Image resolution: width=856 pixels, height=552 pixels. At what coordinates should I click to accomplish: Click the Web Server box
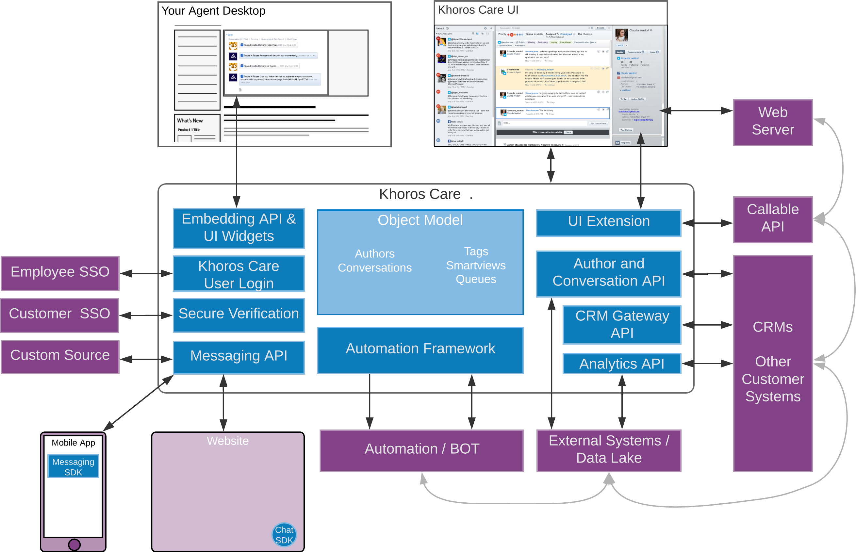(x=772, y=122)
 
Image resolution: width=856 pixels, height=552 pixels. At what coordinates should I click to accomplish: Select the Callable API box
(x=772, y=219)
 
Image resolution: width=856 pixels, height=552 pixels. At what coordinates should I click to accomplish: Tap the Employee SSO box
(x=60, y=273)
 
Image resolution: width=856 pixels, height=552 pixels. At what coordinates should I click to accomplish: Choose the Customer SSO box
(x=59, y=315)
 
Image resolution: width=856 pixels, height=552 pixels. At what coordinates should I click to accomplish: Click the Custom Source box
(x=60, y=356)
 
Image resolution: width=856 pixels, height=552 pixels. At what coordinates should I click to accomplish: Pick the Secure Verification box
(x=239, y=315)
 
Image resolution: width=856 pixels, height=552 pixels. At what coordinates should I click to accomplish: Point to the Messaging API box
(x=239, y=357)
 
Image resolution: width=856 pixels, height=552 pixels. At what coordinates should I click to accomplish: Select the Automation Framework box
(x=420, y=350)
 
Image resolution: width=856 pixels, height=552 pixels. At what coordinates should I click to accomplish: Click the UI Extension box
(x=608, y=222)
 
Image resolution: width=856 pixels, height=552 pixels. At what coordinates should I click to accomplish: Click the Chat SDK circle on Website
(x=284, y=535)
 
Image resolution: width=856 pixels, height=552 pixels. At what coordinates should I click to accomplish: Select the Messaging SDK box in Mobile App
(x=73, y=466)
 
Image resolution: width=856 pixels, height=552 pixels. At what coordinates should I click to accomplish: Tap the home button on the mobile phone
(x=74, y=544)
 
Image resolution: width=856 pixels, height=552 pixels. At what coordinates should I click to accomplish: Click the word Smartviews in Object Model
(x=476, y=265)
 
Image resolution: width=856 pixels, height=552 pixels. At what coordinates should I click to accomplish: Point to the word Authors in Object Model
(x=375, y=254)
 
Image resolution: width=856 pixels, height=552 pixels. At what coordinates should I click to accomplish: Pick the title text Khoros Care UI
(x=478, y=10)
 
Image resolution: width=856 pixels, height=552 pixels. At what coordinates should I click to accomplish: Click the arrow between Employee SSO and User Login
(x=146, y=274)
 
